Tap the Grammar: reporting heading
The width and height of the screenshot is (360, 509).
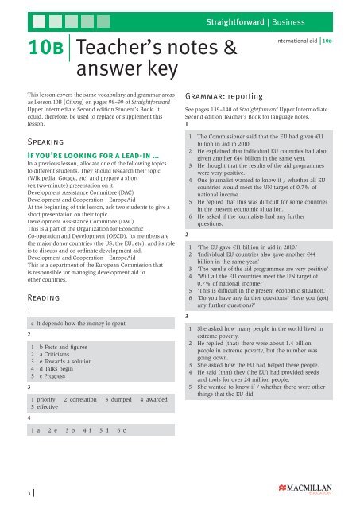tap(225, 91)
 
